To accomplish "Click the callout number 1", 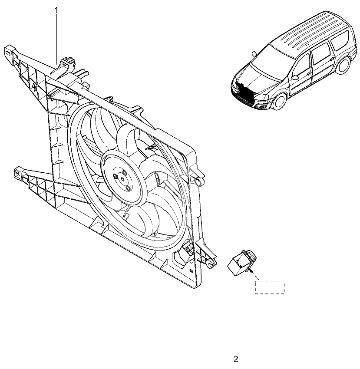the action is (x=56, y=10).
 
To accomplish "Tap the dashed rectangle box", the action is (x=270, y=287).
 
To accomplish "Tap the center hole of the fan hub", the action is (x=123, y=179).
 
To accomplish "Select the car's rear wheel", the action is (x=344, y=65).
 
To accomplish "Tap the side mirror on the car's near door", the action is (x=294, y=77).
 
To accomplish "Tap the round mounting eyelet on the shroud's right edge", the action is (x=199, y=181).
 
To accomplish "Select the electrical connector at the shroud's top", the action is (x=68, y=63).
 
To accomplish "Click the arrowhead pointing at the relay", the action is (x=252, y=271).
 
